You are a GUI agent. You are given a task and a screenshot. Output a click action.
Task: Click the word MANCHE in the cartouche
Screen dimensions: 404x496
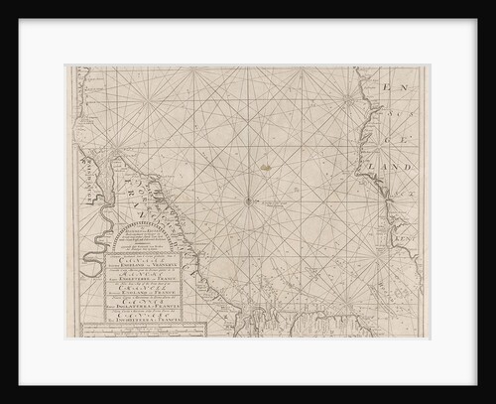pyautogui.click(x=133, y=277)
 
